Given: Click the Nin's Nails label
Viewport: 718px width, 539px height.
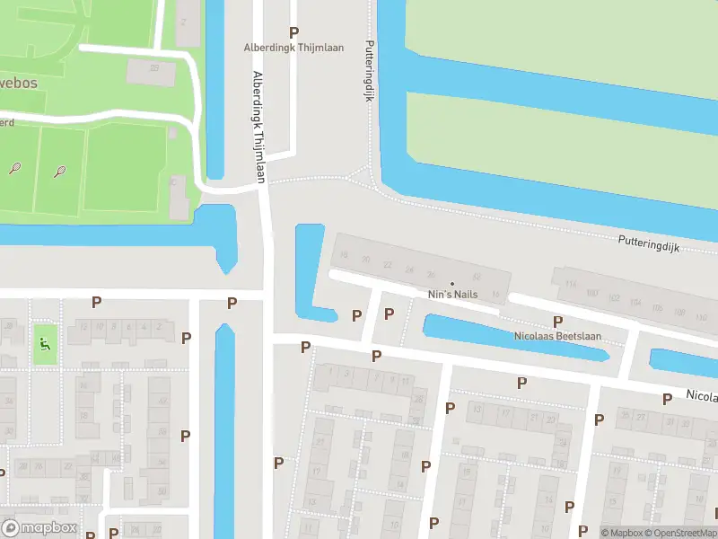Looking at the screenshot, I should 452,295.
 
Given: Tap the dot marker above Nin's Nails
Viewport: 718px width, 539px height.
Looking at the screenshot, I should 452,284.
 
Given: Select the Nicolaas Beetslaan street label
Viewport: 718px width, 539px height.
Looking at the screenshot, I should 557,336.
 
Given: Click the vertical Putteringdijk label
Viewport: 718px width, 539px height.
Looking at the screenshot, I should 368,70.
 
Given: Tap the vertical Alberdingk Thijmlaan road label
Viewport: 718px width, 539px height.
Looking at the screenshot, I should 259,127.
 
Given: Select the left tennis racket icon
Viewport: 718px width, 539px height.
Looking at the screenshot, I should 15,167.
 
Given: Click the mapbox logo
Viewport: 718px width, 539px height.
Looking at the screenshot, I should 39,528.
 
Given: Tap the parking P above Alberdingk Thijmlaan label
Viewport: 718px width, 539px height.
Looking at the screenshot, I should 293,32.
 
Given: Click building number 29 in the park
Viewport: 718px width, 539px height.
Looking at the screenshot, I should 154,68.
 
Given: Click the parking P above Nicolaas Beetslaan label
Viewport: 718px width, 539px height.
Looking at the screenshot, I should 557,322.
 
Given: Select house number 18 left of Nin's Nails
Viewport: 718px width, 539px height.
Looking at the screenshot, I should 344,258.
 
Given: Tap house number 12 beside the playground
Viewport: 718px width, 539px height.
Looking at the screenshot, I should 84,327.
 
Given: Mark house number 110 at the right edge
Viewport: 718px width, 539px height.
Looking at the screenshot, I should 702,314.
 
